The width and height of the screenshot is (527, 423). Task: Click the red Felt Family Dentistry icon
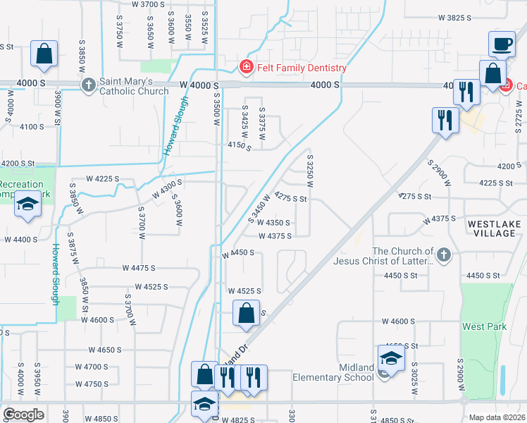click(246, 68)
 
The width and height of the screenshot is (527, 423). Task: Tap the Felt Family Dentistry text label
click(300, 68)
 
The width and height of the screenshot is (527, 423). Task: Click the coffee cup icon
click(502, 44)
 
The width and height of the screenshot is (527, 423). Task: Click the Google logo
click(23, 414)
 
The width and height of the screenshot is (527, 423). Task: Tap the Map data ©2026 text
click(497, 417)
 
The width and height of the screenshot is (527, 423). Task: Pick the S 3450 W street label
click(259, 211)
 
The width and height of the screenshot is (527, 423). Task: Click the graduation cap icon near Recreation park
click(27, 203)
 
